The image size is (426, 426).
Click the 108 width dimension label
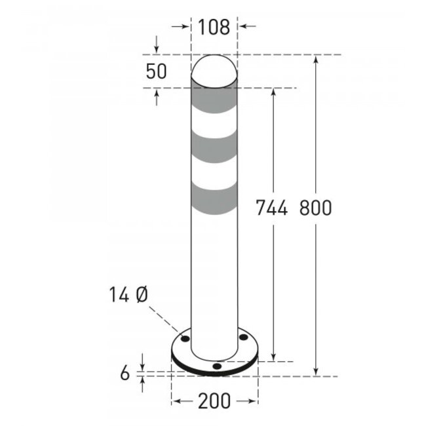(213, 27)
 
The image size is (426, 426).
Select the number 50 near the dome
(156, 72)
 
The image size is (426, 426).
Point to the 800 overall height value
(316, 208)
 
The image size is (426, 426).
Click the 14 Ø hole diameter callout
(128, 296)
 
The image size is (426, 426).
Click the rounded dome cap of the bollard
(214, 69)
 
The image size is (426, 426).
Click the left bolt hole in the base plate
(185, 339)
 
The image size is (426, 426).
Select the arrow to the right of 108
(244, 27)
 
